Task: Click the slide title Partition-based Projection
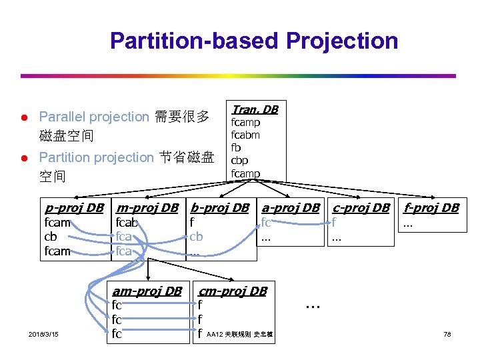(x=253, y=41)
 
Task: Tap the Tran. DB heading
(x=254, y=109)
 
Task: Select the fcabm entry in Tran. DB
(x=245, y=135)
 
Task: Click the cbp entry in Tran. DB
(x=240, y=161)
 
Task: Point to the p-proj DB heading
(x=73, y=207)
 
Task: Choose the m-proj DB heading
(x=147, y=207)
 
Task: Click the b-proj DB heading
(x=219, y=207)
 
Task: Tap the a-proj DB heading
(x=291, y=207)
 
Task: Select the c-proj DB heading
(x=361, y=207)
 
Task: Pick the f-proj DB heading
(x=431, y=207)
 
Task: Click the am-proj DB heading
(x=147, y=291)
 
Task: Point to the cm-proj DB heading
(x=233, y=291)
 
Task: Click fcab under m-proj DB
(x=127, y=223)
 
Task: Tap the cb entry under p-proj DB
(x=51, y=237)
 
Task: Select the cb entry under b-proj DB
(x=196, y=237)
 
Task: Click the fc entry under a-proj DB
(x=266, y=223)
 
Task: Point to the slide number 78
(x=447, y=333)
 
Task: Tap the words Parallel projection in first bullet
(x=94, y=117)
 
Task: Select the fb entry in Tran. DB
(x=236, y=147)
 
